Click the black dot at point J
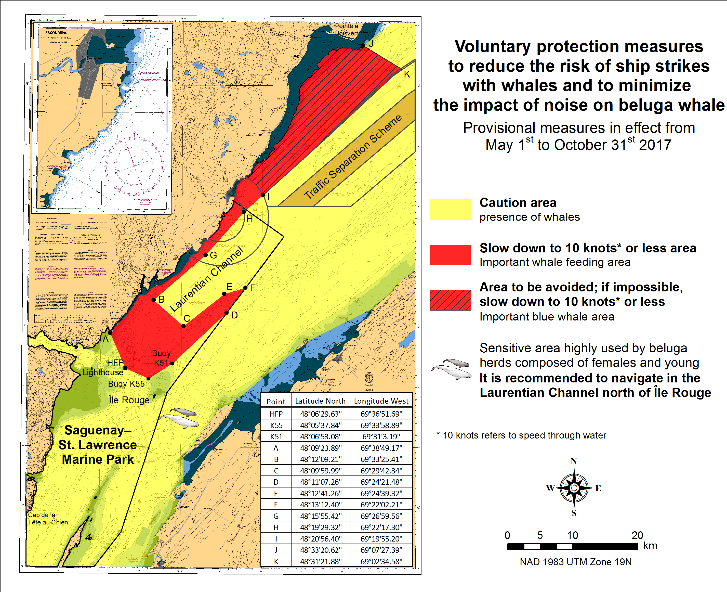(x=363, y=45)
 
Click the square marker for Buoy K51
(x=172, y=364)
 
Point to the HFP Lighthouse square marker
(x=125, y=368)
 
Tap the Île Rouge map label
(x=129, y=400)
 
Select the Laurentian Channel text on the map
(x=207, y=279)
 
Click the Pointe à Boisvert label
(x=346, y=29)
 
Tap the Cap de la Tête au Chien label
(x=48, y=518)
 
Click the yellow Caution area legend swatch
(x=450, y=209)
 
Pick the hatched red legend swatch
(x=450, y=300)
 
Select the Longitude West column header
(x=381, y=401)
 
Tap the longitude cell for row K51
(x=381, y=436)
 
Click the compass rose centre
(x=574, y=488)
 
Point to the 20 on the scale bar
(x=637, y=535)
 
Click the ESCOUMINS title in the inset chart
(x=56, y=33)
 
